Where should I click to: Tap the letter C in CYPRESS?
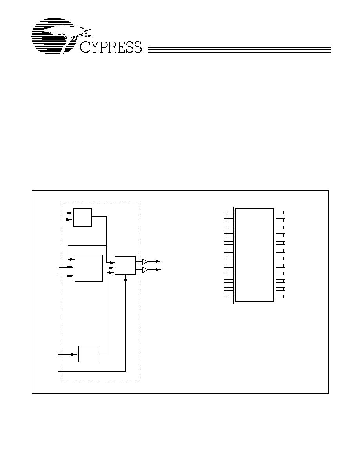(x=85, y=47)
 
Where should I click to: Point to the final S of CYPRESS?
(x=137, y=47)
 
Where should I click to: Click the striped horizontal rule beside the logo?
(x=239, y=49)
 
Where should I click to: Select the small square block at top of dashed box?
(x=83, y=218)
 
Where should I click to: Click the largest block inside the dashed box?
(x=89, y=268)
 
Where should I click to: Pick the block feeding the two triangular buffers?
(x=125, y=265)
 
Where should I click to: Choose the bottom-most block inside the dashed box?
(x=89, y=354)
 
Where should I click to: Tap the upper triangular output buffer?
(x=145, y=262)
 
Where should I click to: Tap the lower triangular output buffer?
(x=145, y=269)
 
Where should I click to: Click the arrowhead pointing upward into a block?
(x=125, y=277)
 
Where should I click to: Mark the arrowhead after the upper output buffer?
(x=158, y=262)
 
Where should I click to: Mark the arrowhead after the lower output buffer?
(x=158, y=269)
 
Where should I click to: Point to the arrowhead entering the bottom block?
(x=74, y=354)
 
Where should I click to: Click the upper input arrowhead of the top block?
(x=69, y=213)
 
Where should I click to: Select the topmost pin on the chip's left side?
(x=228, y=212)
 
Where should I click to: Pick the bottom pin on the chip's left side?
(x=228, y=296)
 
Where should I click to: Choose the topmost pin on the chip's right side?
(x=281, y=212)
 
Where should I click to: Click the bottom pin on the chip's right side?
(x=281, y=296)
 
